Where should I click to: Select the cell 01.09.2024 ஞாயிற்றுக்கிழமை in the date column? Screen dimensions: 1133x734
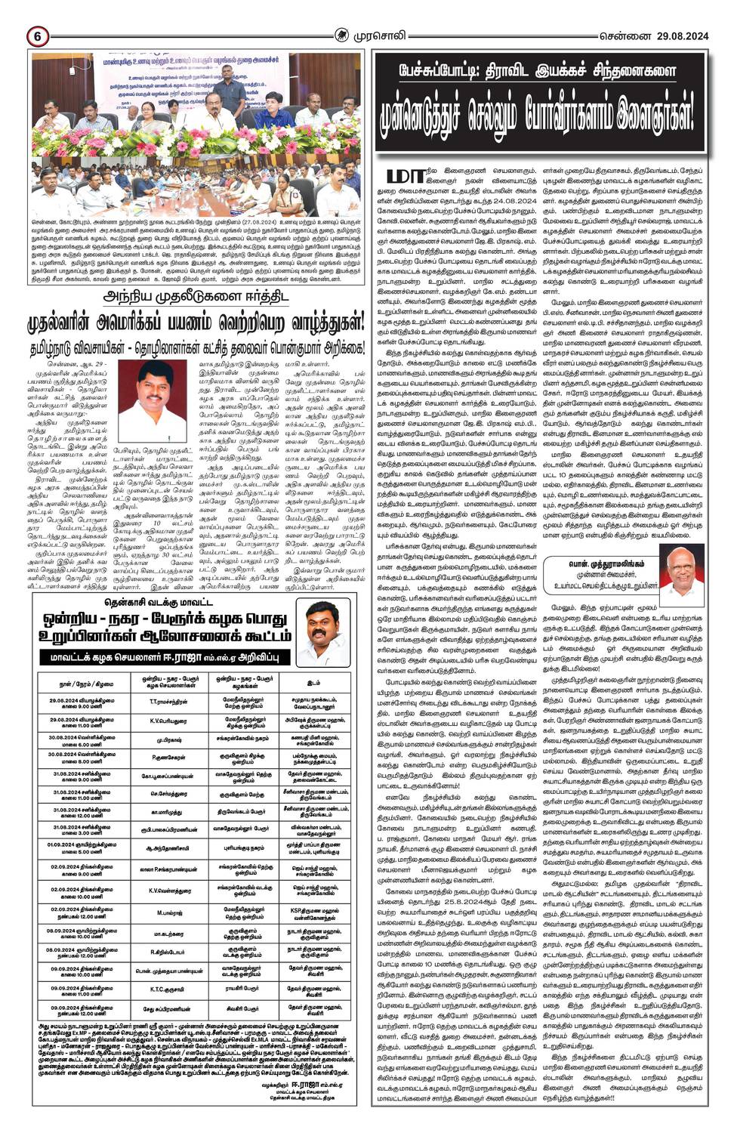pyautogui.click(x=83, y=847)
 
